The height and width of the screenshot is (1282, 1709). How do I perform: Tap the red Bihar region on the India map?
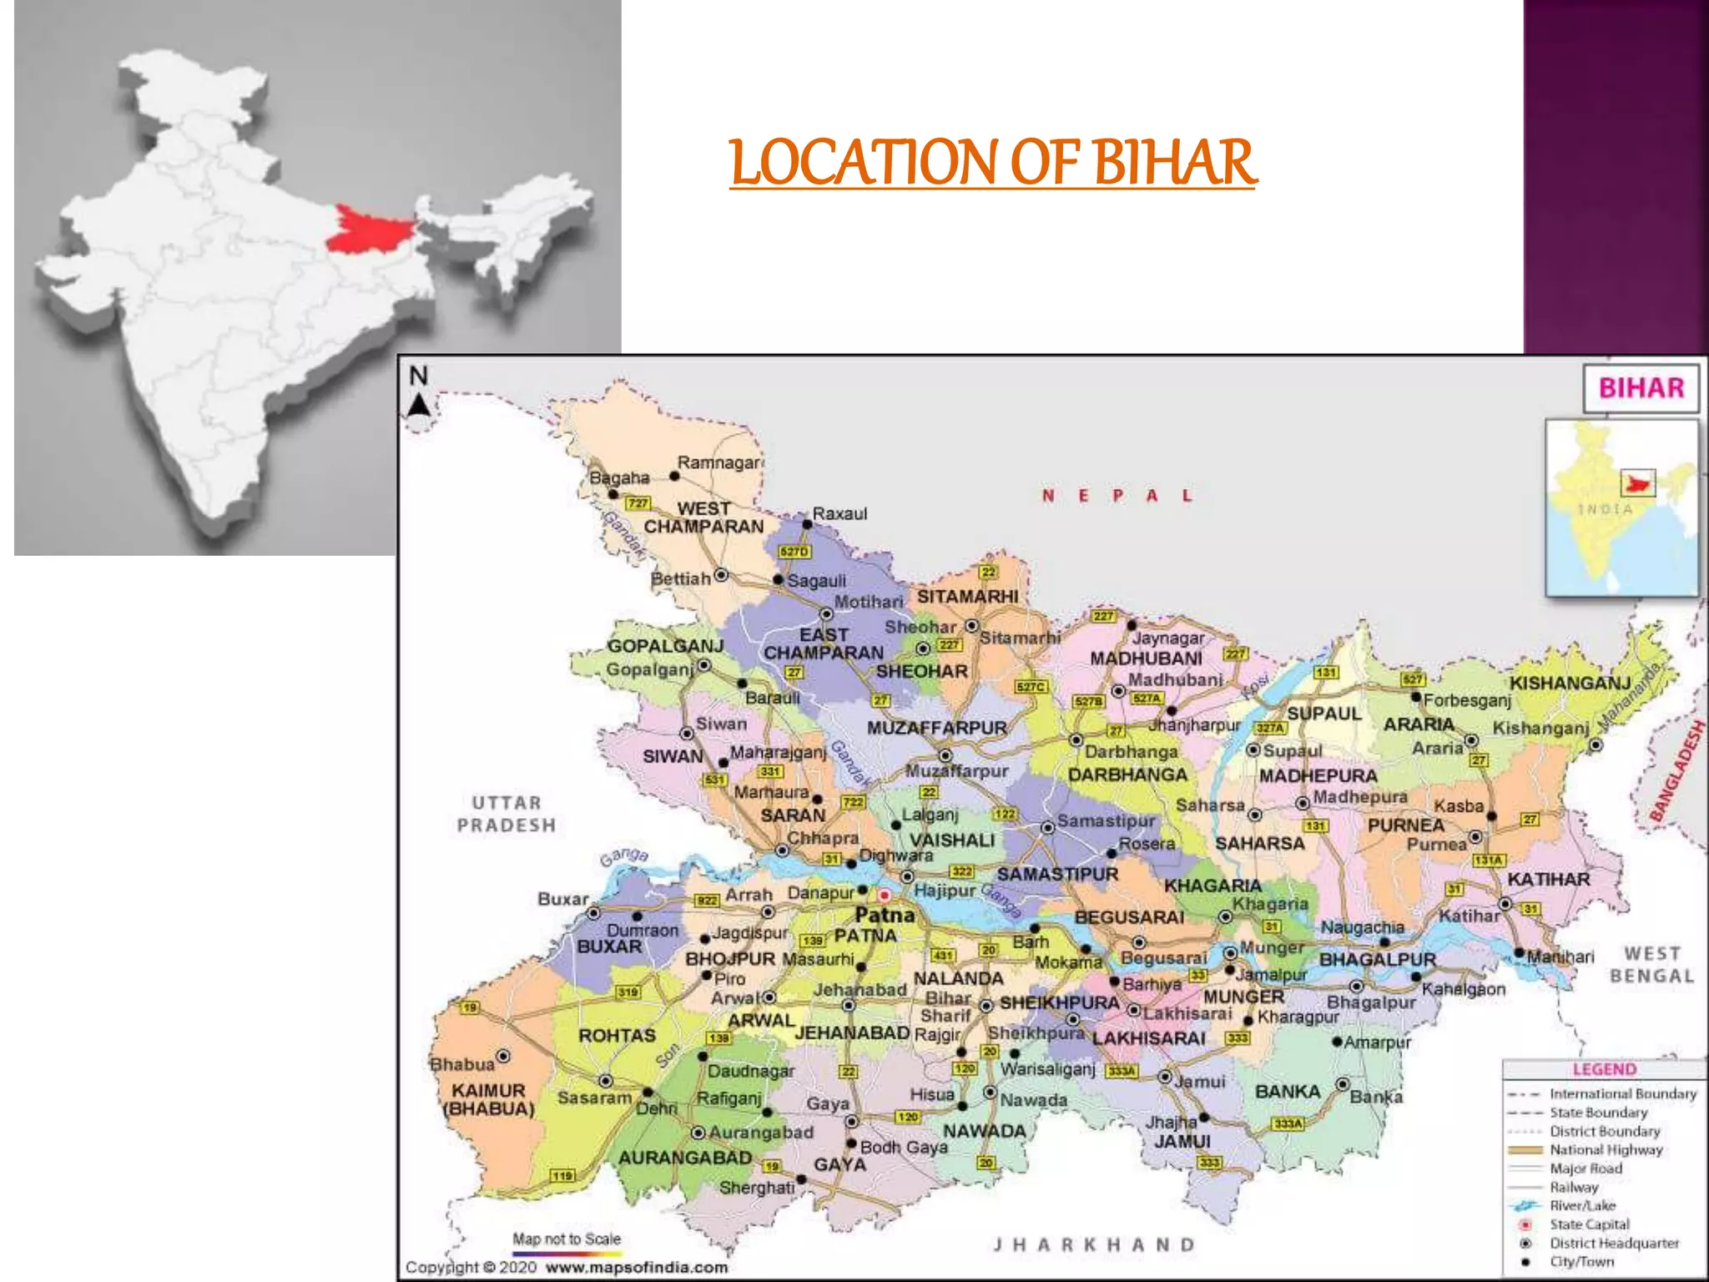pos(367,228)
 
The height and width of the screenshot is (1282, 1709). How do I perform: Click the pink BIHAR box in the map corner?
pos(1641,388)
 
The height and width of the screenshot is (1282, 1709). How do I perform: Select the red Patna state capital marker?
pos(884,896)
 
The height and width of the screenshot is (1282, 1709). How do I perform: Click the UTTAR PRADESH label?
pos(507,814)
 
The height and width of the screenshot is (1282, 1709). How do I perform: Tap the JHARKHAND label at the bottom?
pos(1094,1244)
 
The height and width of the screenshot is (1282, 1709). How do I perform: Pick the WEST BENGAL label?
pos(1651,964)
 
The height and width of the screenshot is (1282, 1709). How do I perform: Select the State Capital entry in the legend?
pos(1589,1224)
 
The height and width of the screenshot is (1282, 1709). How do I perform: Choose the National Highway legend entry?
pos(1606,1150)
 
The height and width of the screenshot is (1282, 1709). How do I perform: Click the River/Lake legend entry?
pos(1582,1206)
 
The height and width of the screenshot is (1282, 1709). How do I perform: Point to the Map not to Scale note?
pos(567,1239)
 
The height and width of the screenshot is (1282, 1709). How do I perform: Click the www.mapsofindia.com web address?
pos(636,1268)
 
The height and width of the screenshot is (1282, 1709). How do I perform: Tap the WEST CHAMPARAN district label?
pos(703,517)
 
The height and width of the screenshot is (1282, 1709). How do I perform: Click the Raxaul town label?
pos(839,513)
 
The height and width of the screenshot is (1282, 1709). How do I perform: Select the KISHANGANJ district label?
pos(1570,684)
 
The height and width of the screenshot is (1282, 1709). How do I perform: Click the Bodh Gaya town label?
pos(904,1148)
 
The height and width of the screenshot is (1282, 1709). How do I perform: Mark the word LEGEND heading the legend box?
pos(1604,1069)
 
